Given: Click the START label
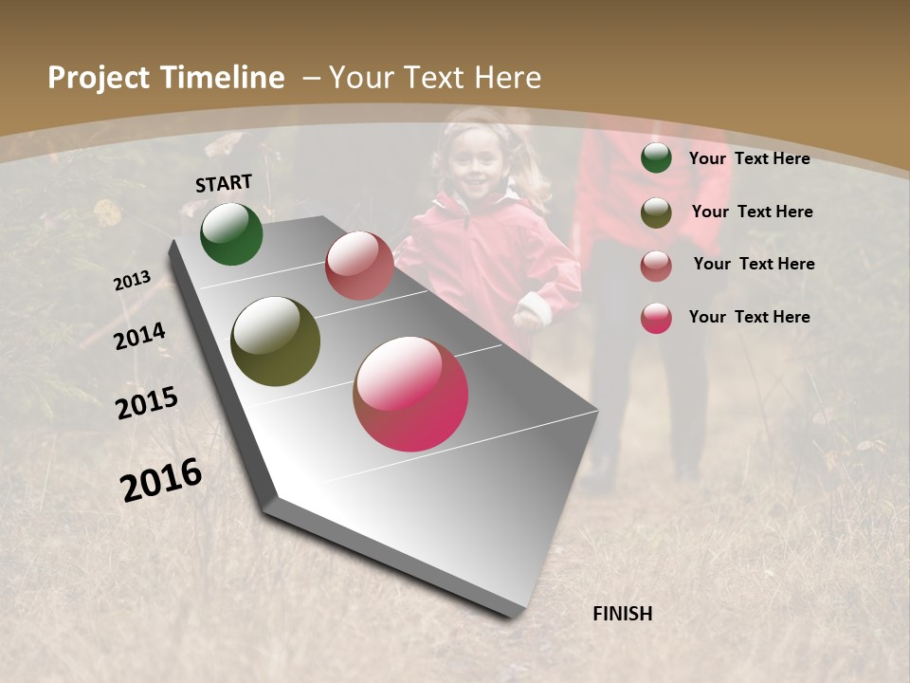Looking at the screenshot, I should coord(224,183).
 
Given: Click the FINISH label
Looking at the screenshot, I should coord(623,614).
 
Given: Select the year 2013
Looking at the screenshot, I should coord(133,280).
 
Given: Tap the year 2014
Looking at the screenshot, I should coord(140,336).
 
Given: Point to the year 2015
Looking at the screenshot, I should coord(147,403).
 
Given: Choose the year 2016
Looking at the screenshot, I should coord(161,479).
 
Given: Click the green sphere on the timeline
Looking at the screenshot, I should coord(231,233).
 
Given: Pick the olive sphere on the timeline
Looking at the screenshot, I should coord(275,341).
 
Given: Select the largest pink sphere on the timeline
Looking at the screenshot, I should coord(410,394).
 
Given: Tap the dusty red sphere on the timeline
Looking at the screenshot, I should coord(359,266).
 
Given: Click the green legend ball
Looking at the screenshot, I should coord(656,158).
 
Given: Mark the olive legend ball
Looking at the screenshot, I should coord(656,212).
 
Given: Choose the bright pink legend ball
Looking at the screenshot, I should coord(656,318).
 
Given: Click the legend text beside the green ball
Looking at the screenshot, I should coord(749,158).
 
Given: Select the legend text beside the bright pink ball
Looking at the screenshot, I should coord(749,317).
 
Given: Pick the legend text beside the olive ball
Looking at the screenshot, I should coord(752,212).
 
